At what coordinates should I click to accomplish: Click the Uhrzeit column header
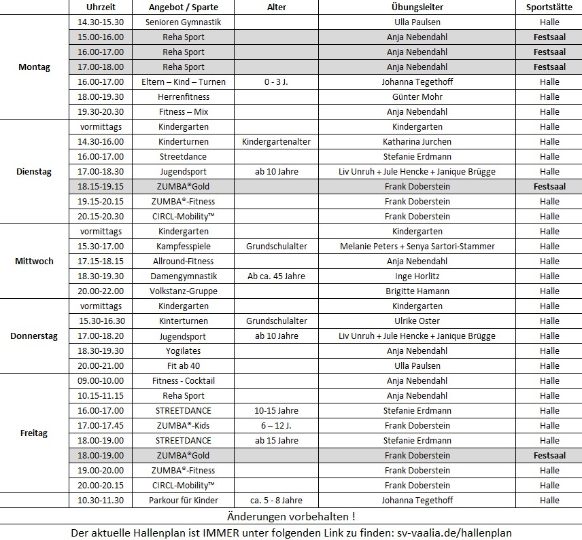101,7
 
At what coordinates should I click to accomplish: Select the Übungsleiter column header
417,7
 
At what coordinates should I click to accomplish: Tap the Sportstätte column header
549,7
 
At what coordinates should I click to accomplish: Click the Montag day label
34,67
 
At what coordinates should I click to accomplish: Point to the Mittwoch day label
34,261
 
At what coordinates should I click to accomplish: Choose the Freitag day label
34,433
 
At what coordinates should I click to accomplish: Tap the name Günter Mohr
417,96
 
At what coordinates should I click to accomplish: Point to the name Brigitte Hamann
417,291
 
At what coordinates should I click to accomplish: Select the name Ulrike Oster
417,321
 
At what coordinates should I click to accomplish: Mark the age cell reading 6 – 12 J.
276,425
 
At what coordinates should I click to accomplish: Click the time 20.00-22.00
101,291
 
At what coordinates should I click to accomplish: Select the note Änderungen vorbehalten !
291,517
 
